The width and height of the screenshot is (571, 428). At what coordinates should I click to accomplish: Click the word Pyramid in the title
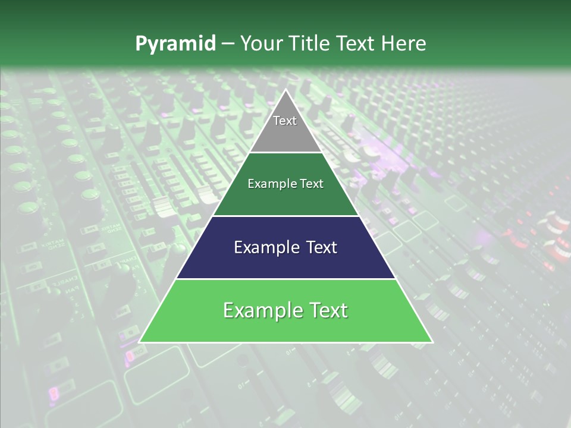click(x=175, y=44)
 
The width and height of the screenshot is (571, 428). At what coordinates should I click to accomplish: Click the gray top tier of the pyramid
click(x=285, y=134)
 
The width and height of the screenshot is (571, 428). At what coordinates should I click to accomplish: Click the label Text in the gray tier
click(x=285, y=121)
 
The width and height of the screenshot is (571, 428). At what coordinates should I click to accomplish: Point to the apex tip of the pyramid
click(x=285, y=91)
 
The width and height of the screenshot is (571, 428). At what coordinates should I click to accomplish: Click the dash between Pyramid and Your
click(x=228, y=44)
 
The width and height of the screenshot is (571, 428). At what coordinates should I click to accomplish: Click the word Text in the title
click(x=357, y=44)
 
